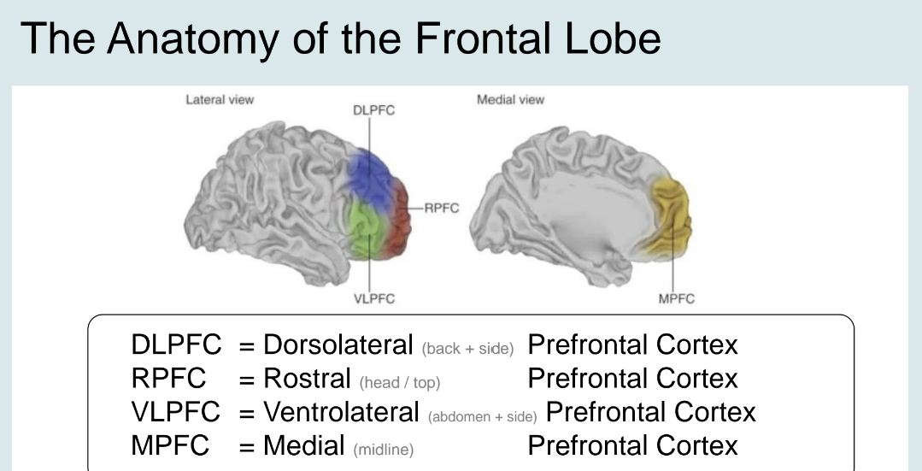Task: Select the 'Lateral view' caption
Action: click(220, 100)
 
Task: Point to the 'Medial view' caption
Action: click(510, 100)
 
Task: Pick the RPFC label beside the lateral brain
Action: click(441, 207)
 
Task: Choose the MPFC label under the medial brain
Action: click(674, 298)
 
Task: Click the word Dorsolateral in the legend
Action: click(338, 344)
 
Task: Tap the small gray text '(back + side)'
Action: click(467, 348)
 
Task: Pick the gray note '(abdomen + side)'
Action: click(482, 415)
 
